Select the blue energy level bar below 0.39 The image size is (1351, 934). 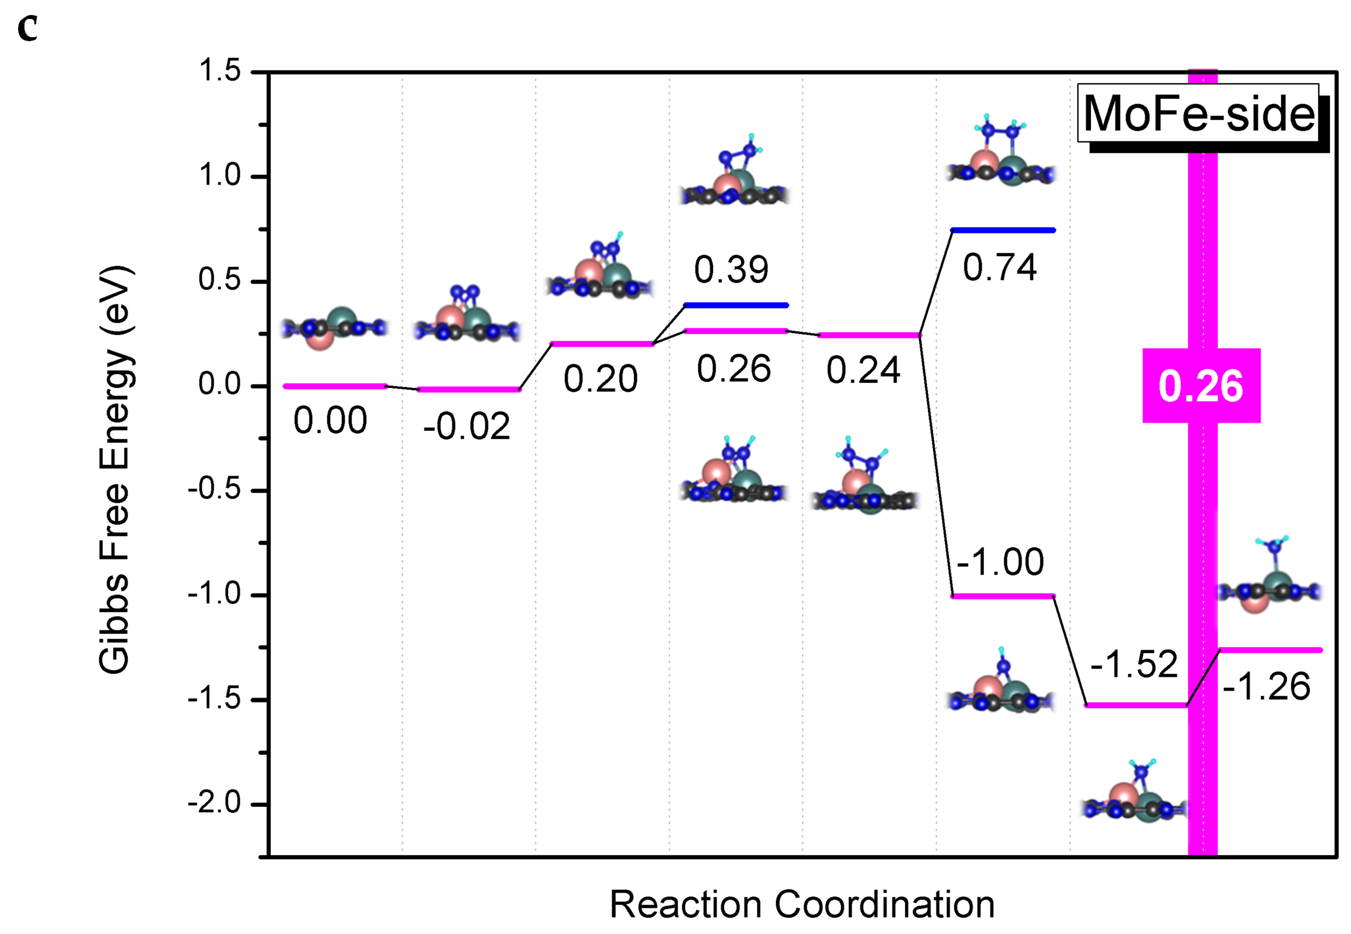tap(736, 305)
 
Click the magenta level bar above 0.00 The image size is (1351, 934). tap(334, 386)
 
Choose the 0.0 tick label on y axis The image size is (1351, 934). tap(219, 385)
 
